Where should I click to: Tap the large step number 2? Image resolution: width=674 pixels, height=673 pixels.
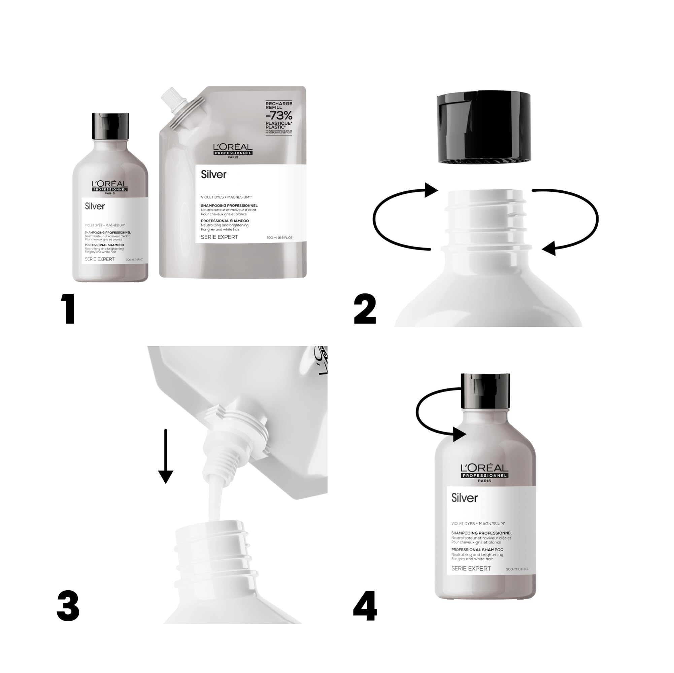pos(365,308)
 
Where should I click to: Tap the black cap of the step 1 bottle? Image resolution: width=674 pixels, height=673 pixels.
pos(110,126)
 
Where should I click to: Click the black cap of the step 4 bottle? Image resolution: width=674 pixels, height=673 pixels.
pos(485,391)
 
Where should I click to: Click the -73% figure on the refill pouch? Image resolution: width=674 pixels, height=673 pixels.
pos(279,115)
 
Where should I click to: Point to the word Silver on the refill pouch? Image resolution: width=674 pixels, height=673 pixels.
pos(213,174)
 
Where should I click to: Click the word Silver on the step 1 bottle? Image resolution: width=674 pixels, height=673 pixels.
pos(95,206)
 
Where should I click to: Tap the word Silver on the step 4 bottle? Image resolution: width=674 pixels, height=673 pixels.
pos(465,498)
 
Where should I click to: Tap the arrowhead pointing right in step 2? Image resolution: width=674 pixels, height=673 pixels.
pos(431,190)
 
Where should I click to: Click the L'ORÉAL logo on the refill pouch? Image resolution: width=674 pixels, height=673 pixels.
pos(233,150)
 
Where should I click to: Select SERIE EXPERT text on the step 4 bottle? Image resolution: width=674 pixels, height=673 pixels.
pos(471,568)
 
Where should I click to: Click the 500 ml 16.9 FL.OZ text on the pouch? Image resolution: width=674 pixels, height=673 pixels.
pos(279,238)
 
